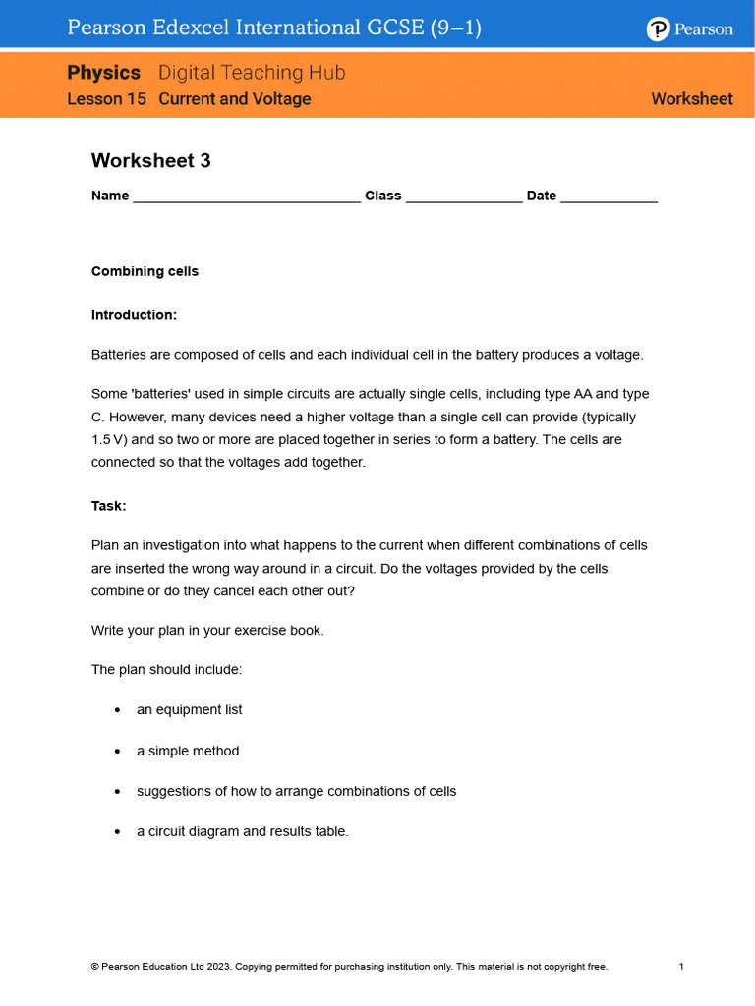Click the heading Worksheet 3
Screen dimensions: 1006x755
click(x=150, y=160)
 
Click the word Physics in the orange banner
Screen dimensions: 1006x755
click(x=104, y=73)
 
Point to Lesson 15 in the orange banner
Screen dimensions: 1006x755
click(x=108, y=99)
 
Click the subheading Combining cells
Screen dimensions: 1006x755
click(x=145, y=271)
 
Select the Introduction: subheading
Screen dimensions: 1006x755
click(x=134, y=315)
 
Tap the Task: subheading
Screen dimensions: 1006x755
click(x=109, y=506)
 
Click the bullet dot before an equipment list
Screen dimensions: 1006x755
click(x=118, y=710)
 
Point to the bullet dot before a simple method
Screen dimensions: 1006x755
click(x=118, y=752)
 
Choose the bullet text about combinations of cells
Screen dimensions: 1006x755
click(x=296, y=791)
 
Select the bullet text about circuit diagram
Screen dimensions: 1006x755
click(x=242, y=831)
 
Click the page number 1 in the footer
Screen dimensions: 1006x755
click(x=681, y=967)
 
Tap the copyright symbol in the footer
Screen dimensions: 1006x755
click(x=94, y=967)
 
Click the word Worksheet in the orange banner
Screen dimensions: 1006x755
click(x=692, y=99)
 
